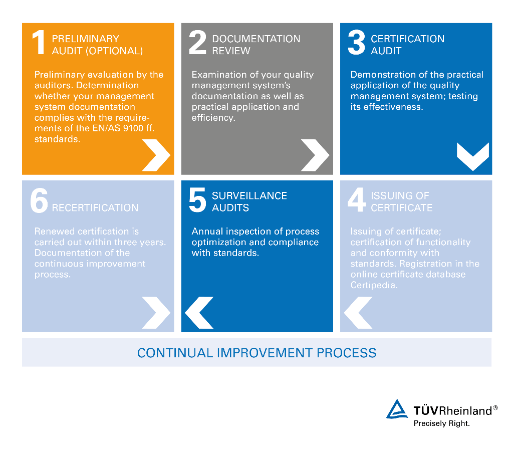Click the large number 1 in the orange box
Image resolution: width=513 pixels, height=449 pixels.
pos(39,42)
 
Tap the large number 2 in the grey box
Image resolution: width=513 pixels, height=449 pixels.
pos(197,42)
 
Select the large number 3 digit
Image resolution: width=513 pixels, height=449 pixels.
pos(356,42)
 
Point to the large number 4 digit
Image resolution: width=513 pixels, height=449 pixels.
pos(357,199)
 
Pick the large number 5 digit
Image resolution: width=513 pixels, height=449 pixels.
pos(197,199)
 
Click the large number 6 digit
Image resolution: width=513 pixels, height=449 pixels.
pos(39,200)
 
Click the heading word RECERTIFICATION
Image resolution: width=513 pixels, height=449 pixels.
pos(95,208)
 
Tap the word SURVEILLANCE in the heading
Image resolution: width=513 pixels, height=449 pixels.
pos(249,196)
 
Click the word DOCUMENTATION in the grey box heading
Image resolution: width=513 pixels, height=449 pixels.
pos(256,39)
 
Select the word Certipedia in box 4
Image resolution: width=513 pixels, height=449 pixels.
pos(374,285)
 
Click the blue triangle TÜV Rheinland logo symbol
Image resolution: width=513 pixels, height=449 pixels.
pos(397,409)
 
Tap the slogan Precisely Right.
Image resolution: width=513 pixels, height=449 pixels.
pos(442,423)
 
